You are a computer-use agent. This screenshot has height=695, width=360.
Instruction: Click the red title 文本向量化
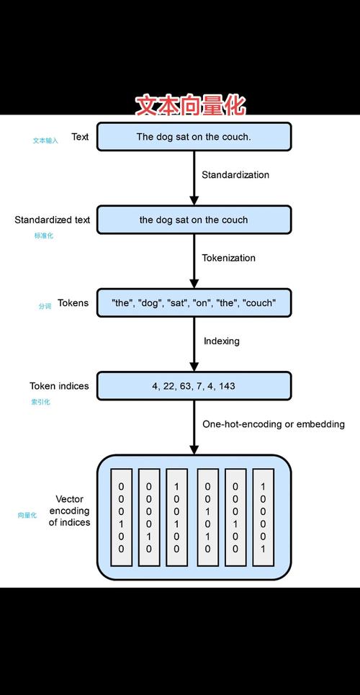pos(191,106)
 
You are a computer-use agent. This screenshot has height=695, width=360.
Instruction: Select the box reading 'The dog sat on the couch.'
pos(194,137)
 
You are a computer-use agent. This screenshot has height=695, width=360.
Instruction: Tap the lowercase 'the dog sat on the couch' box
pos(194,220)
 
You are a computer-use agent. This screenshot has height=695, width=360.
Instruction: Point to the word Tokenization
pos(228,258)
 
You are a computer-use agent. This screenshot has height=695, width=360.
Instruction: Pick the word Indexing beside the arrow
pos(221,341)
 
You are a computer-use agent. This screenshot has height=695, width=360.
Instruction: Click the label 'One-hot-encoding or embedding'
pos(273,424)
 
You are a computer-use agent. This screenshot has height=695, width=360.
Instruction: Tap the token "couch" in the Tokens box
pos(259,303)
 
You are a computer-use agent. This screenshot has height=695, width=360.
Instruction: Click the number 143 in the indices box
pos(227,386)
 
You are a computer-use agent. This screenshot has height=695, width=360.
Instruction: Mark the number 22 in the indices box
pos(169,386)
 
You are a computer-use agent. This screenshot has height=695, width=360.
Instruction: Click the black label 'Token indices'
pos(59,386)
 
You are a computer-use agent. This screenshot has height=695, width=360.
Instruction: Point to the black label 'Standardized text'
pos(53,220)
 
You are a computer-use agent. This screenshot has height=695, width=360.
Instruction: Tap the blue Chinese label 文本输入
pos(45,140)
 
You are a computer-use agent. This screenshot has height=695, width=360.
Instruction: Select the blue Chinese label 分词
pos(45,306)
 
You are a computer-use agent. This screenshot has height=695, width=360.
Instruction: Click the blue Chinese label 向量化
pos(27,516)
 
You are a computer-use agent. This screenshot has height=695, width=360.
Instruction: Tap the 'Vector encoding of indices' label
pos(69,511)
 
